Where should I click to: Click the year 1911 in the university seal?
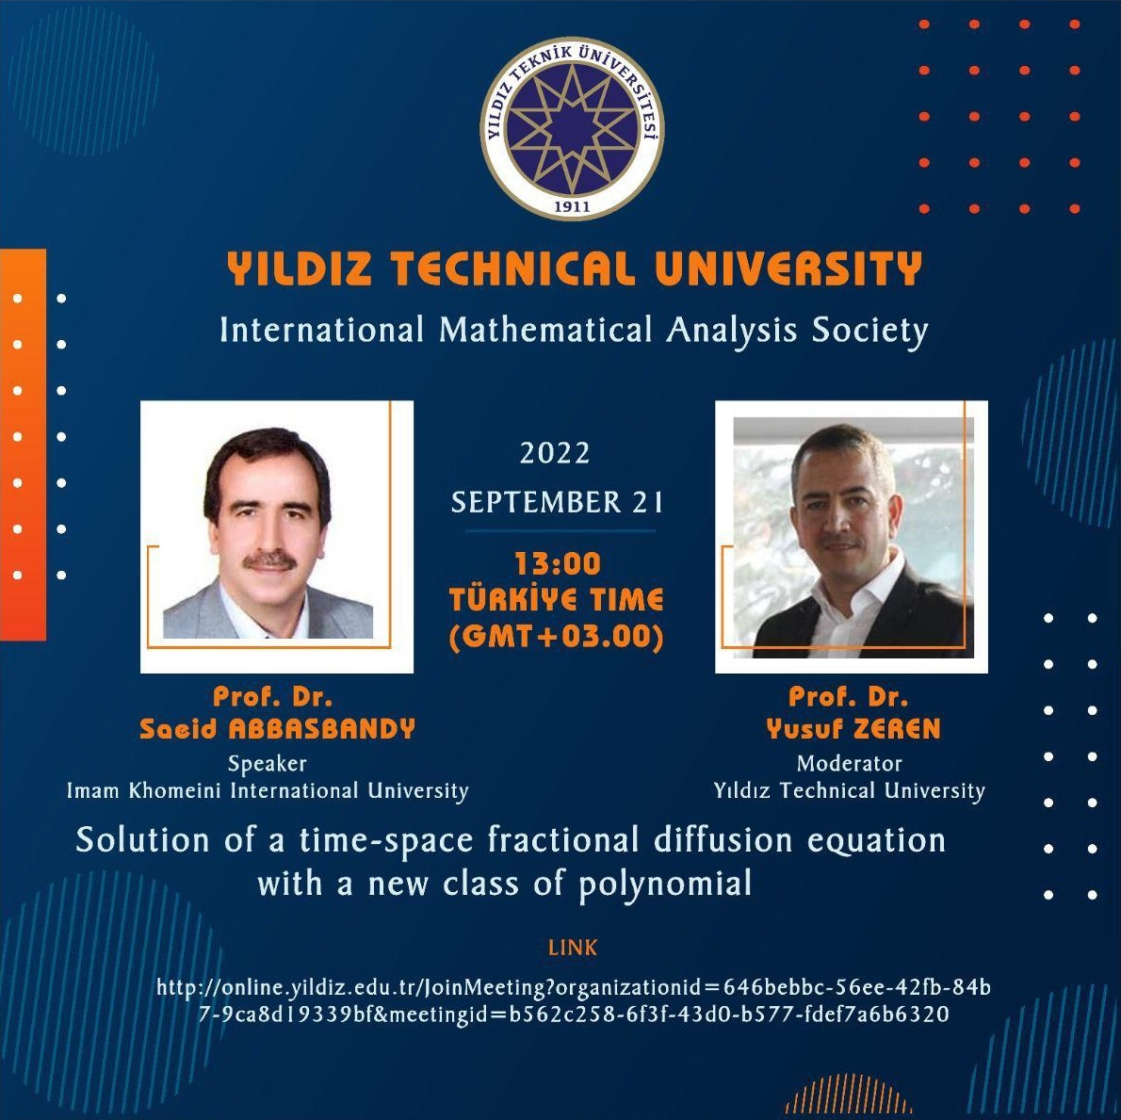572,206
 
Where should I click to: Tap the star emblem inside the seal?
572,128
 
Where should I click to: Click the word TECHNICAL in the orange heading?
512,268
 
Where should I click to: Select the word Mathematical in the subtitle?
545,331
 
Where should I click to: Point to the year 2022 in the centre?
555,453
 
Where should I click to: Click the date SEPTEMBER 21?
557,502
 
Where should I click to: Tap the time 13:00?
558,564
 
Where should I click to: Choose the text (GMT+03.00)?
556,637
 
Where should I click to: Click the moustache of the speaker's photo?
269,561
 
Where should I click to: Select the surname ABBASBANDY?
322,729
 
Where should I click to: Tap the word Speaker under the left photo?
268,763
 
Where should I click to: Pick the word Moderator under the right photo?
850,763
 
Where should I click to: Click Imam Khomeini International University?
268,790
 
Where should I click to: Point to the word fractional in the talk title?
562,839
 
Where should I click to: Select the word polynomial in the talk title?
665,885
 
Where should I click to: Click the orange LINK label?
573,948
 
